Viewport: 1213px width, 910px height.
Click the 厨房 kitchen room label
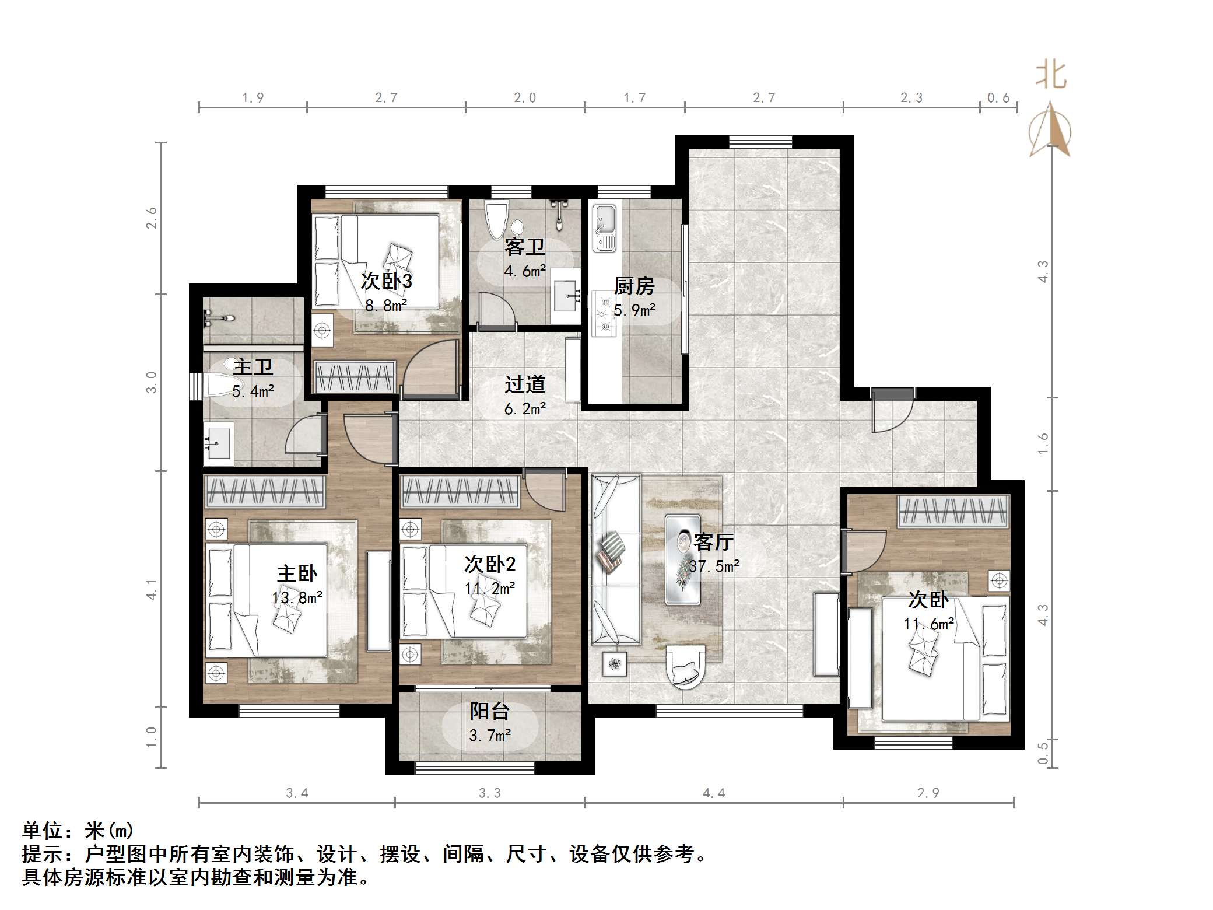point(634,286)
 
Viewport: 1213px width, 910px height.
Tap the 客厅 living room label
point(713,542)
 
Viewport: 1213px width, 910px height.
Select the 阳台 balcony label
point(490,710)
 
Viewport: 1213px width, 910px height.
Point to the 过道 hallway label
point(525,384)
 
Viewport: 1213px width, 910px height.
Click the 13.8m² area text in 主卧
point(297,597)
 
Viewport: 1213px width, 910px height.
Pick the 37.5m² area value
point(714,566)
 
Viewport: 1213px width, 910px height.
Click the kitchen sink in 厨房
point(604,228)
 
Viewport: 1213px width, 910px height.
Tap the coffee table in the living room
point(683,559)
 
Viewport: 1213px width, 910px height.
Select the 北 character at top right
point(1051,76)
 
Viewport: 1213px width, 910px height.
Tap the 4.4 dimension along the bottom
point(714,793)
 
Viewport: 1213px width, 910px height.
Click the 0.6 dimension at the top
point(998,98)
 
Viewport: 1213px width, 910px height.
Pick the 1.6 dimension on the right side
point(1043,444)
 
